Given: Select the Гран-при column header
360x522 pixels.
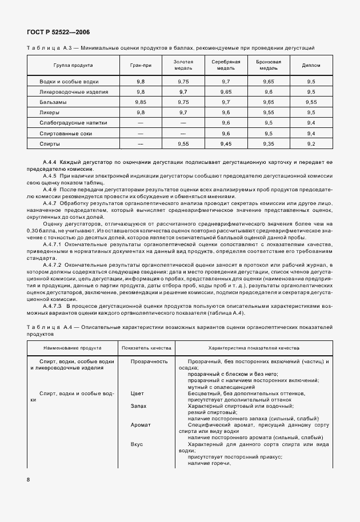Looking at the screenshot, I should tap(140, 65).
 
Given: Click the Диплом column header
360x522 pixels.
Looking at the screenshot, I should tap(311, 65).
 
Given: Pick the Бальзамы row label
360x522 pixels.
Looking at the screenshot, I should tap(53, 102).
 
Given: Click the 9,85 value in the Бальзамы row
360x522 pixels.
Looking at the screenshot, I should tap(140, 102).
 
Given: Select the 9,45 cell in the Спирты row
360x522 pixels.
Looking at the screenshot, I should tap(226, 143).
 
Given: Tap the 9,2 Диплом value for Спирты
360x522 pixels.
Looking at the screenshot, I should tap(311, 143).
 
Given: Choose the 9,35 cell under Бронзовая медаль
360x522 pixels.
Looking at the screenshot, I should tap(268, 143).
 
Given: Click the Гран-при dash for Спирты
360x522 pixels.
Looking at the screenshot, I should tap(140, 143).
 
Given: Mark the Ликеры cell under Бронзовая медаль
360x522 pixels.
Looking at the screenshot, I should tap(268, 112).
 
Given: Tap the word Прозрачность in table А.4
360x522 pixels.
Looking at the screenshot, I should tap(149, 362).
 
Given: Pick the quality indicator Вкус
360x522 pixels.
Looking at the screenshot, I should tap(137, 444).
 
